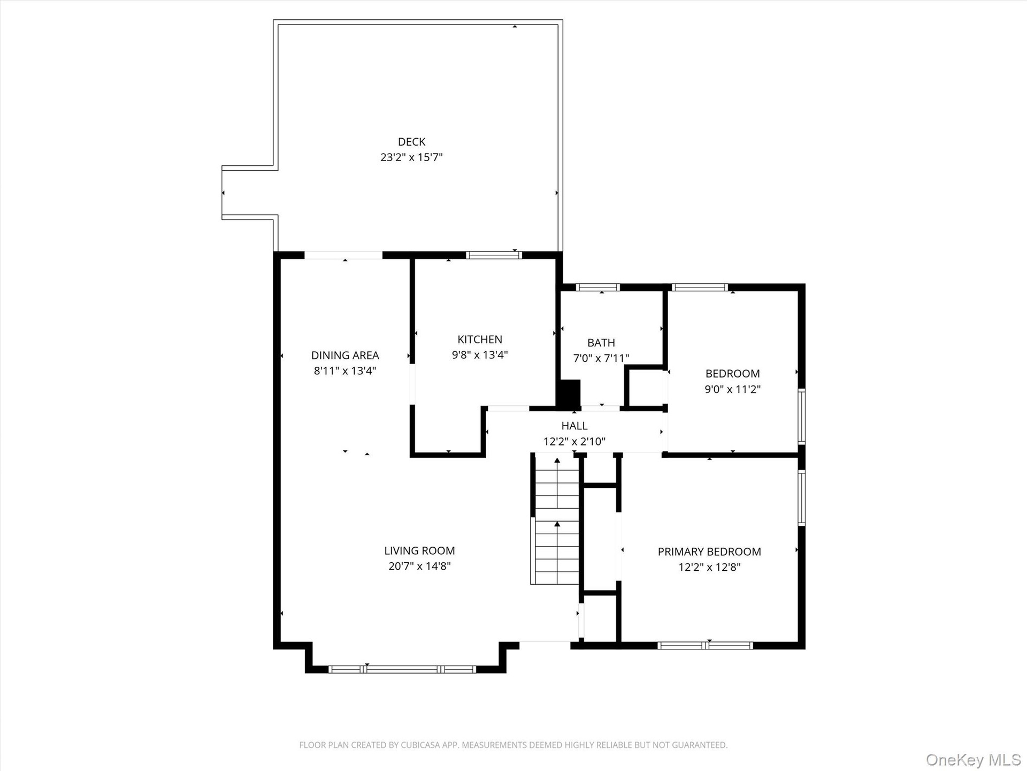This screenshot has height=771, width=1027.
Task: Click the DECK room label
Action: [411, 142]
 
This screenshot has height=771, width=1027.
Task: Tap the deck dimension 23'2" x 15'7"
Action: [411, 157]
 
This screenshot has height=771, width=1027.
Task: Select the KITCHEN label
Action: [480, 339]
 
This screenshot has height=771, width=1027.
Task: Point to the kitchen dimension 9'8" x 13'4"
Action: [480, 354]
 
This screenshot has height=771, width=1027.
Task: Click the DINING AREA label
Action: [345, 356]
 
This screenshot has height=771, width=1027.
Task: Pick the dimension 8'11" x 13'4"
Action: [345, 371]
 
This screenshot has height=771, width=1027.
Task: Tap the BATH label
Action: [601, 343]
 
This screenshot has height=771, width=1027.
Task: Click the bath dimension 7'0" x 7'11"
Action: [601, 358]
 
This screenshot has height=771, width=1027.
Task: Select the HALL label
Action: [574, 426]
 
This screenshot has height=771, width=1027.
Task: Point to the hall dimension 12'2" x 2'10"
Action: [574, 442]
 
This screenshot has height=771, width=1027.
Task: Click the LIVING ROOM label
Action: [419, 551]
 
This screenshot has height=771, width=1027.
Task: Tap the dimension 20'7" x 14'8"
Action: [419, 566]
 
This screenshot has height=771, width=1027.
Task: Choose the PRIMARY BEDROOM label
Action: [709, 552]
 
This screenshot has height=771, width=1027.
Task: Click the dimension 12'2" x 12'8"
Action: [709, 568]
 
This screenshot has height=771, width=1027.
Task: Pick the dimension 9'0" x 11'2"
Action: [732, 389]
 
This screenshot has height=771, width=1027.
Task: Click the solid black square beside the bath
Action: [569, 393]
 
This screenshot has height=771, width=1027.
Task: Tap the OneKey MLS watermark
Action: [974, 759]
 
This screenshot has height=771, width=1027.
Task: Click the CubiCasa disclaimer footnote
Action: [513, 745]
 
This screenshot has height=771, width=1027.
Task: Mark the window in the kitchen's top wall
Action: [494, 255]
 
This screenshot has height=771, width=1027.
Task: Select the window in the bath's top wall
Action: [598, 287]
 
